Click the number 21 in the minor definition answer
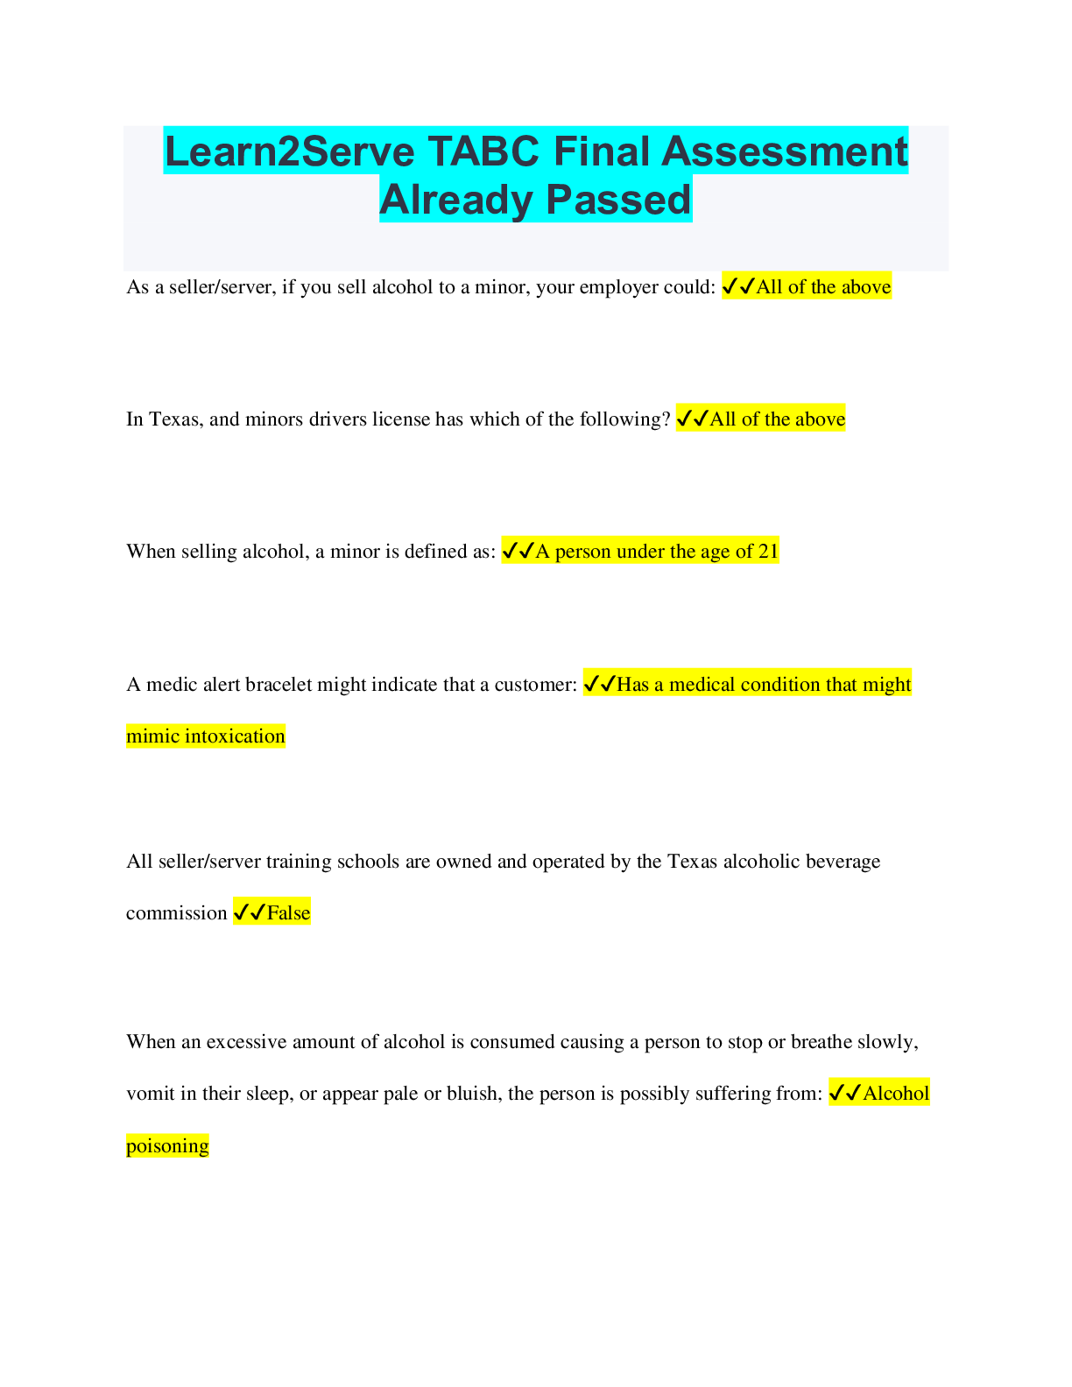click(768, 551)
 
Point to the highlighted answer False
click(288, 912)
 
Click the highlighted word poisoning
click(167, 1145)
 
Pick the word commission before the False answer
click(176, 912)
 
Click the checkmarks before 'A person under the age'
click(518, 551)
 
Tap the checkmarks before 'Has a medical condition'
click(599, 684)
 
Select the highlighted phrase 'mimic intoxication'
click(206, 736)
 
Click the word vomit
click(150, 1093)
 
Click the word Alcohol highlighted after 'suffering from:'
click(896, 1093)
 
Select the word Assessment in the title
click(784, 151)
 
